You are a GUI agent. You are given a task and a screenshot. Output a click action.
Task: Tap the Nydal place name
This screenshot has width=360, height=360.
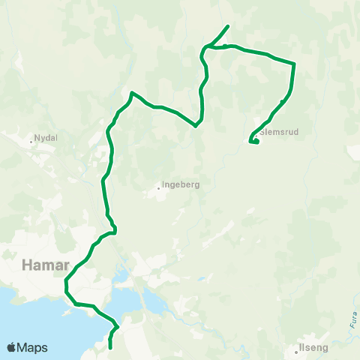click(46, 139)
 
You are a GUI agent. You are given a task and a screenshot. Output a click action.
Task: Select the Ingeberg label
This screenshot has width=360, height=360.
click(181, 184)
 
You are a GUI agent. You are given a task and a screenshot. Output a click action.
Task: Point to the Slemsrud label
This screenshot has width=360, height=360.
click(279, 132)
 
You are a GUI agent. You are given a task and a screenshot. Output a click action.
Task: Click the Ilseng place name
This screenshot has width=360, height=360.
click(313, 347)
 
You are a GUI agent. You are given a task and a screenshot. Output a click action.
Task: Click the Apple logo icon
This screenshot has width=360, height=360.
click(12, 347)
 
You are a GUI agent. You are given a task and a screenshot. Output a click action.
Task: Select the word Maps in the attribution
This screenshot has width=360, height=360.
click(33, 347)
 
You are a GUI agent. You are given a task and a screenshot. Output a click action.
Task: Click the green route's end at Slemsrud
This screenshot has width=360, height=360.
click(257, 142)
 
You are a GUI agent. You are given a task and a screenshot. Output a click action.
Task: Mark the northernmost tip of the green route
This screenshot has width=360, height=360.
click(228, 26)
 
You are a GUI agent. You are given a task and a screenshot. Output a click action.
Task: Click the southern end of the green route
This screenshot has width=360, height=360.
click(110, 348)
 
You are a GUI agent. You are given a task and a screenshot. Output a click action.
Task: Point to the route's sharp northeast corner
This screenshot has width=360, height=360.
click(295, 64)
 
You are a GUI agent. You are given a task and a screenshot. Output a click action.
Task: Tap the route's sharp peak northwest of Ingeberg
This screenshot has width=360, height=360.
click(132, 93)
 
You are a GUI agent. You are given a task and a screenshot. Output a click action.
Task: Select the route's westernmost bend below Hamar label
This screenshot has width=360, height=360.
click(66, 283)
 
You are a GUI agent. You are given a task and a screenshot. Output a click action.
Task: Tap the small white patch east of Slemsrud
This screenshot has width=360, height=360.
click(353, 152)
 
